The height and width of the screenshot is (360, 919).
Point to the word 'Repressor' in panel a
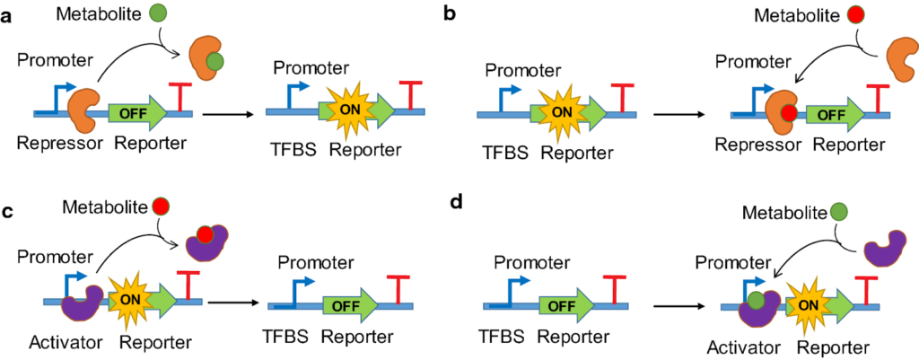pyautogui.click(x=57, y=143)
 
